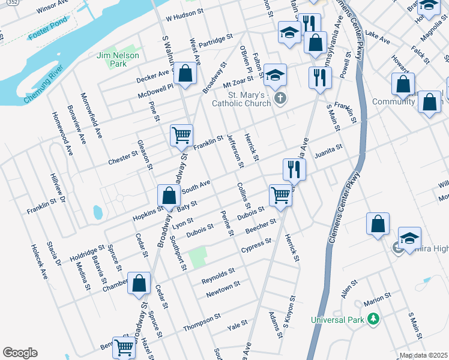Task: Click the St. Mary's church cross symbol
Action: [x=279, y=98]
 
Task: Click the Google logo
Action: [x=20, y=353]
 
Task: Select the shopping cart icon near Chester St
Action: [x=181, y=136]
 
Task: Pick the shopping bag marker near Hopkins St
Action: [x=169, y=195]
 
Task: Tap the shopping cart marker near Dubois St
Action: [x=280, y=194]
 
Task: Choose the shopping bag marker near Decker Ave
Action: [x=186, y=74]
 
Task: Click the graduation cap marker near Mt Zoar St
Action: [x=275, y=75]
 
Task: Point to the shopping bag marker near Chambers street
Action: [x=139, y=284]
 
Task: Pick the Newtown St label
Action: [x=223, y=289]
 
